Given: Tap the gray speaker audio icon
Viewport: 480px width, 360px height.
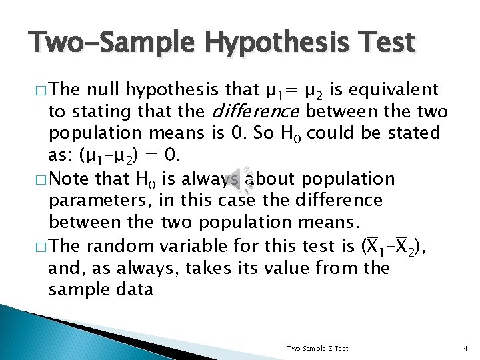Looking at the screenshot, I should [239, 178].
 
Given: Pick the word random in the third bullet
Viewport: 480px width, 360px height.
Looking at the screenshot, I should [111, 246].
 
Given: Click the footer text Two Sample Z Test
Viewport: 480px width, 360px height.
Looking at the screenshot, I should [317, 348].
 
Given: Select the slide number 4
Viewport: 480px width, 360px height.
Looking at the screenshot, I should [465, 348].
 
